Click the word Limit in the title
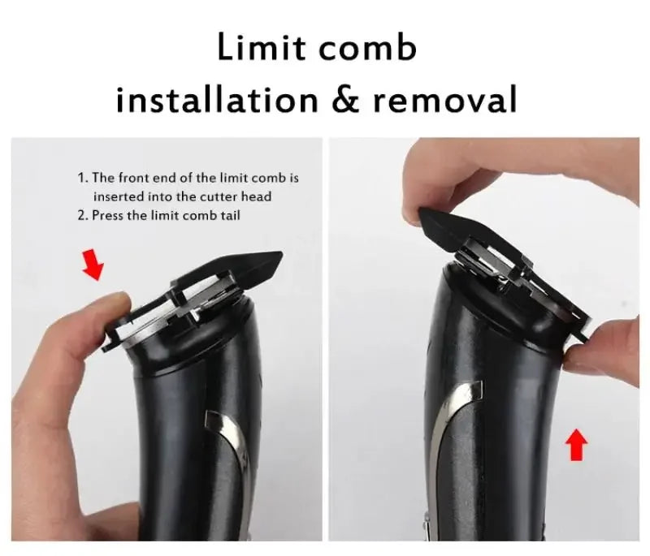click(259, 48)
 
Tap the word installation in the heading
click(215, 101)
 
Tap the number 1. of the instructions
click(82, 178)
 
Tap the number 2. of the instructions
click(82, 215)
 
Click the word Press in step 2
click(107, 215)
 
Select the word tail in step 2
click(227, 215)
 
